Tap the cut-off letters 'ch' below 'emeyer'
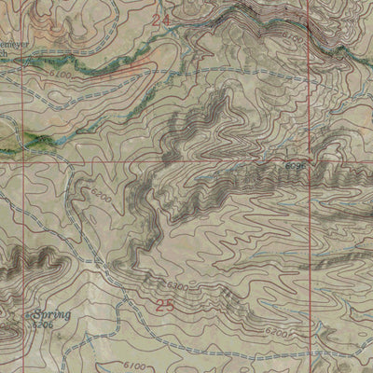4,54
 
